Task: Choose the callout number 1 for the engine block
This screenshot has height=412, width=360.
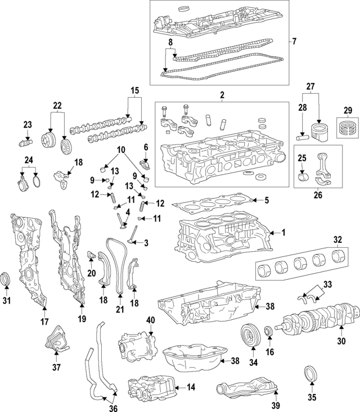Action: tap(283, 232)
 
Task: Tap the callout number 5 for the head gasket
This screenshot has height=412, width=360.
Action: tap(267, 200)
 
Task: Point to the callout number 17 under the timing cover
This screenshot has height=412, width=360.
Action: tap(43, 322)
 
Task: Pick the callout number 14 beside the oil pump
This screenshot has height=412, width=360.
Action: tap(191, 387)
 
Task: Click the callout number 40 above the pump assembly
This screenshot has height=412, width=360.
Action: tap(150, 320)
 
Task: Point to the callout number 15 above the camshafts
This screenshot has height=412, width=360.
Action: tap(134, 90)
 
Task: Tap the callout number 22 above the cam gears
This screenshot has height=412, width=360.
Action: tap(57, 106)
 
